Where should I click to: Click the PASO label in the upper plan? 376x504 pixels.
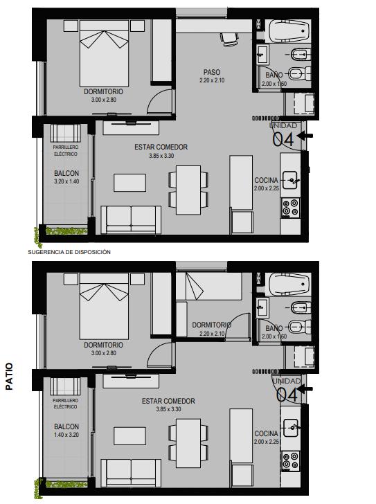(x=212, y=72)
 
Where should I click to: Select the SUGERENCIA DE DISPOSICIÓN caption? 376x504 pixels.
(x=69, y=252)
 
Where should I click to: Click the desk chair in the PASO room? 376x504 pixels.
(x=229, y=39)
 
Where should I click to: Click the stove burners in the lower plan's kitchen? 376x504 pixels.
(x=291, y=460)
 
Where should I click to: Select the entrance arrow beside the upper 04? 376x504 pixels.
(x=305, y=136)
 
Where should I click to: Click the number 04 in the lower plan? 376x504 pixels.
(x=287, y=395)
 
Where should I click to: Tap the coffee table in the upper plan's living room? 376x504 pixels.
(x=129, y=183)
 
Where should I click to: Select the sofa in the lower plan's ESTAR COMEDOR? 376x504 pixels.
(x=131, y=473)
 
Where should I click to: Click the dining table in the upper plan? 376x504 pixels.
(x=188, y=190)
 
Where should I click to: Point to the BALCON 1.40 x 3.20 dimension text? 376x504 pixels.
(x=66, y=435)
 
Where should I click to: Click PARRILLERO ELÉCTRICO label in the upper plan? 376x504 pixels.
(x=66, y=150)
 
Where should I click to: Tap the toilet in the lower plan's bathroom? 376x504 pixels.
(x=300, y=327)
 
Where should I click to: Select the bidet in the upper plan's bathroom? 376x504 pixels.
(x=301, y=55)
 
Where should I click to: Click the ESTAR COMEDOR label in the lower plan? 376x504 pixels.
(x=168, y=401)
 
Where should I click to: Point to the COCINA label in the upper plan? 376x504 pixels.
(x=266, y=180)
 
